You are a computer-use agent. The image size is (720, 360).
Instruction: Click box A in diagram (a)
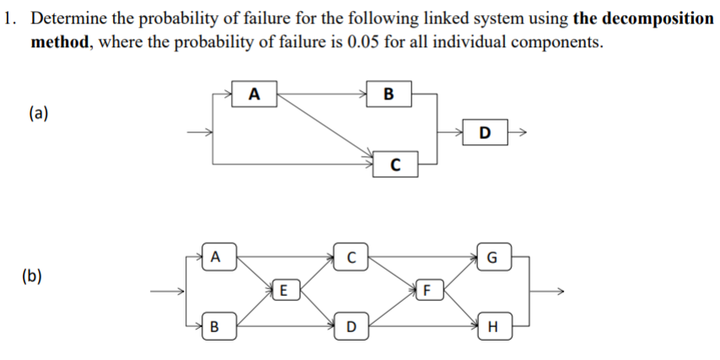pyautogui.click(x=255, y=94)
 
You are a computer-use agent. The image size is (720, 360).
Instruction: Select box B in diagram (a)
pyautogui.click(x=388, y=94)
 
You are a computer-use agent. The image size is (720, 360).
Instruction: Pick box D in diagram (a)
pyautogui.click(x=484, y=132)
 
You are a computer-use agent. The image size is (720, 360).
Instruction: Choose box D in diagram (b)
pyautogui.click(x=351, y=325)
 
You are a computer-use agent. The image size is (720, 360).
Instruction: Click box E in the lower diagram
pyautogui.click(x=284, y=291)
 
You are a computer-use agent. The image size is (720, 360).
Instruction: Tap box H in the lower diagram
pyautogui.click(x=492, y=325)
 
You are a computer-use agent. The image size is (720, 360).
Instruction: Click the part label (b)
pyautogui.click(x=38, y=276)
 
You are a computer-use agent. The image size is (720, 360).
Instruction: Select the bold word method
pyautogui.click(x=61, y=42)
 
